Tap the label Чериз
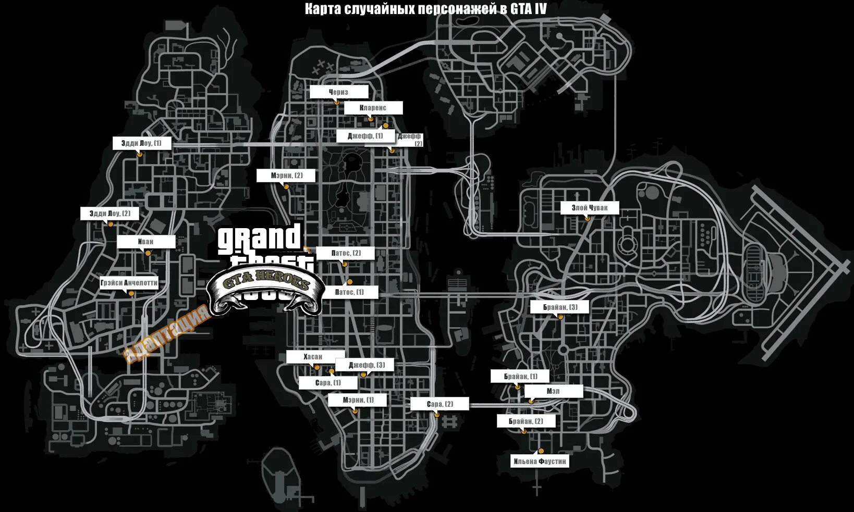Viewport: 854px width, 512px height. click(x=339, y=92)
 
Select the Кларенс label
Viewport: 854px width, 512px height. click(x=373, y=108)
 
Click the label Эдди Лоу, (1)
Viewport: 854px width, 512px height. click(x=142, y=143)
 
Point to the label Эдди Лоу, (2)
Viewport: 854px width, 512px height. click(x=110, y=214)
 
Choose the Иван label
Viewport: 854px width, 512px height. click(x=146, y=242)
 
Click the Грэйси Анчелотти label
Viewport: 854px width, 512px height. click(x=129, y=283)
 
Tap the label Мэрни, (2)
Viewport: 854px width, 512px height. click(x=286, y=176)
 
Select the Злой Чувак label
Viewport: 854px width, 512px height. click(x=590, y=208)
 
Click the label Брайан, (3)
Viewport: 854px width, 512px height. click(x=560, y=307)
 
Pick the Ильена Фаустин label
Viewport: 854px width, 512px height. click(x=540, y=461)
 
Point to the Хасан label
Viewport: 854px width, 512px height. click(x=313, y=357)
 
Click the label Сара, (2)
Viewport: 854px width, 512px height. click(x=440, y=404)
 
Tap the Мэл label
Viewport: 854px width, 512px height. click(x=553, y=391)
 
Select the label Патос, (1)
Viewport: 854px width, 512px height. click(x=349, y=292)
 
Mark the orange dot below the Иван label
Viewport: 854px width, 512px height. click(x=148, y=253)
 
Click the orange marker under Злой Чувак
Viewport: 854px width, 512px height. click(x=588, y=219)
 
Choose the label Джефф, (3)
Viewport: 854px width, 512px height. click(x=367, y=365)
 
